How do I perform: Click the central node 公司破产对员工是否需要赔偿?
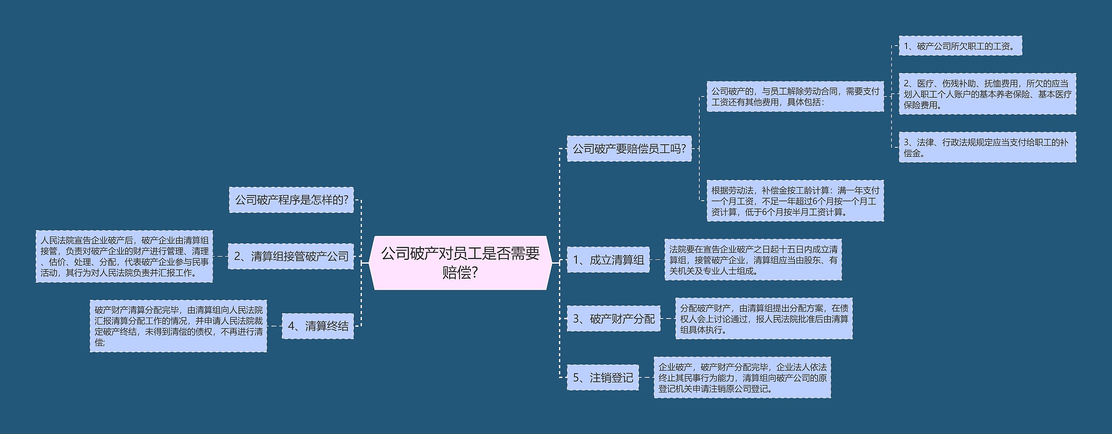click(460, 263)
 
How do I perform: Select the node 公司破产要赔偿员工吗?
click(629, 149)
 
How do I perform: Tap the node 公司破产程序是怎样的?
click(291, 200)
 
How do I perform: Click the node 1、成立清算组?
click(608, 260)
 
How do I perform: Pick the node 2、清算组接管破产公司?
click(291, 256)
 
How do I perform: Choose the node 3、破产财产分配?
click(613, 319)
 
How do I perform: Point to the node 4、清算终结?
click(318, 326)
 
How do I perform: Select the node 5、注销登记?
click(603, 378)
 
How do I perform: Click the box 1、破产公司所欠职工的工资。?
click(960, 46)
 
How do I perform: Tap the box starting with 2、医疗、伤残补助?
click(987, 94)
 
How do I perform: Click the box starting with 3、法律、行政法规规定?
click(987, 147)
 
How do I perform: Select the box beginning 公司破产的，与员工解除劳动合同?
click(795, 96)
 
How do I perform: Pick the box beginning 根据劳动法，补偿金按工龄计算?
click(795, 201)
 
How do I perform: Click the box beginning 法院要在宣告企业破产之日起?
click(753, 260)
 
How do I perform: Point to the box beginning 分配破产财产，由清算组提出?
click(764, 318)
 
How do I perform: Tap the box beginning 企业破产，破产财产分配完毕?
click(742, 378)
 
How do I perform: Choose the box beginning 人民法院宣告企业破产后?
click(124, 256)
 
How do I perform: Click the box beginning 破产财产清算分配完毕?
click(178, 326)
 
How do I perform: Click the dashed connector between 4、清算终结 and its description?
click(275, 326)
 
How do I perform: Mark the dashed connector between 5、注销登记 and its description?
click(646, 378)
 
